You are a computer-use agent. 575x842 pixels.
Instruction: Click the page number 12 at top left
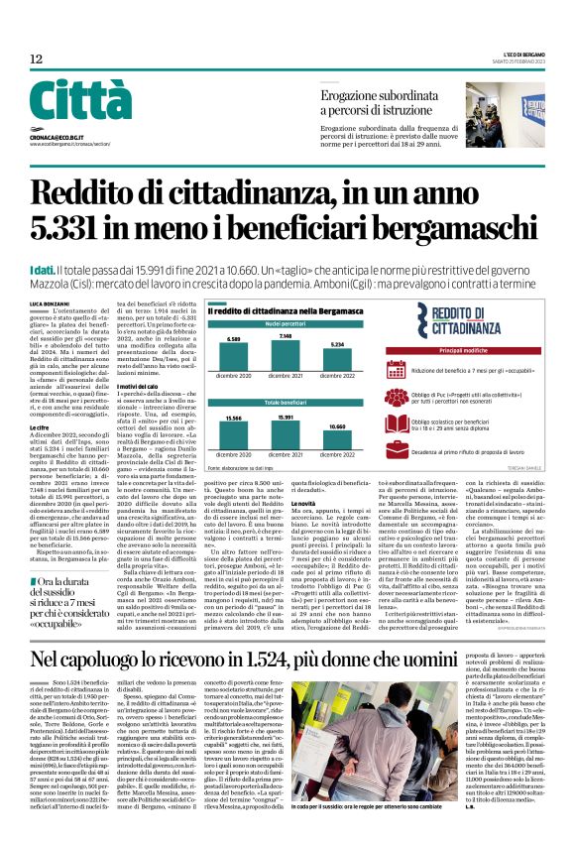click(x=36, y=60)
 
